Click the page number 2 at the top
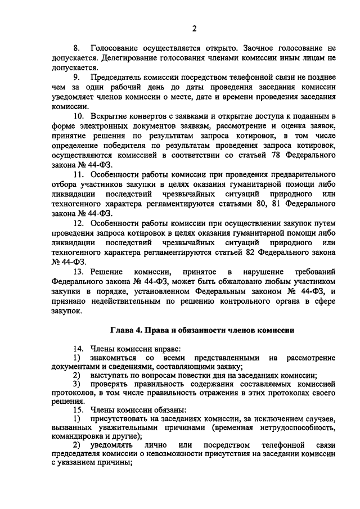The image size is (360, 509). click(x=194, y=29)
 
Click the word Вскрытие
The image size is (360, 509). click(x=109, y=116)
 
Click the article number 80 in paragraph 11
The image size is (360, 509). click(x=259, y=202)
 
